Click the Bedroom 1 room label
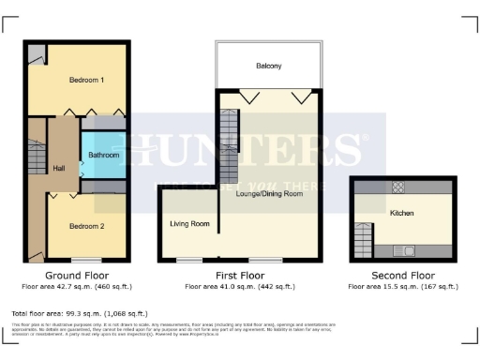[86, 81]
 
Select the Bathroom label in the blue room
[102, 155]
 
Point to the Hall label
[59, 168]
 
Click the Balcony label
[269, 66]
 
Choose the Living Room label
[189, 223]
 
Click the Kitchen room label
[402, 214]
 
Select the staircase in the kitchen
[362, 241]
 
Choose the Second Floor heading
[402, 276]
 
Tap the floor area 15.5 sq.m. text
[402, 286]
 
